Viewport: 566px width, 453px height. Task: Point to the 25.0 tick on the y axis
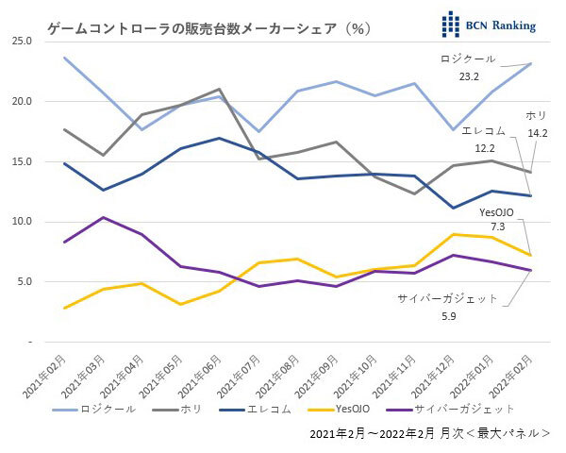(22, 42)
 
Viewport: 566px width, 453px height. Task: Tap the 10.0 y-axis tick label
(22, 222)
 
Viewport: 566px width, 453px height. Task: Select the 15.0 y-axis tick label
(22, 161)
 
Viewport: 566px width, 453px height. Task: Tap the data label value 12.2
(484, 149)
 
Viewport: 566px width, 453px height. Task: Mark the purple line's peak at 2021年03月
(103, 218)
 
